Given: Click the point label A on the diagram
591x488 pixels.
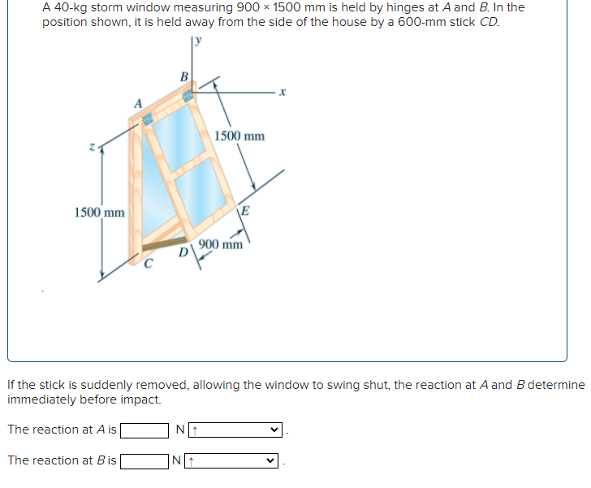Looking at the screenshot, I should click(138, 103).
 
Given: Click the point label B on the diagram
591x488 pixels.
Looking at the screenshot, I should click(183, 77).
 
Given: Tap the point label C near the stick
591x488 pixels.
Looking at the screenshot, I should click(148, 262).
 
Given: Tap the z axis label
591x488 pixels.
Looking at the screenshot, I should click(96, 147).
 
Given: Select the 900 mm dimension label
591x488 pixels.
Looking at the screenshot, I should click(221, 244).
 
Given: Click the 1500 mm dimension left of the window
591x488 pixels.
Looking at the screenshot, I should click(99, 213).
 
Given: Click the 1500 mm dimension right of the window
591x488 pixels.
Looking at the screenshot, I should click(239, 136).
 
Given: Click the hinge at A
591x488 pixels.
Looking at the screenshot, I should click(149, 120).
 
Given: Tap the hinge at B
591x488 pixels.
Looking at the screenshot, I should click(189, 96).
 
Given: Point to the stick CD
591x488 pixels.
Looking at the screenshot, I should click(164, 244).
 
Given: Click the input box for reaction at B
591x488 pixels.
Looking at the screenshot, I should click(145, 461).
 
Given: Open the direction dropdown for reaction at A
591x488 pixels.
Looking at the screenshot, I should click(236, 430).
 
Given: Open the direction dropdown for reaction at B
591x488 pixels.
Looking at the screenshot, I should click(236, 461).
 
